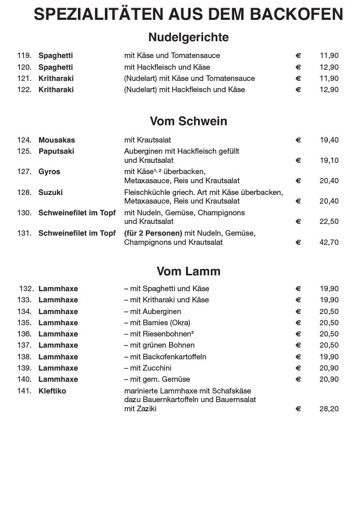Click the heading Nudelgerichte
click(188, 37)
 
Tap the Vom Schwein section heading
click(188, 121)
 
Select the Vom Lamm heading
click(188, 271)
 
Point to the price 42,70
click(329, 242)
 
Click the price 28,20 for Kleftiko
click(329, 409)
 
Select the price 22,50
click(329, 221)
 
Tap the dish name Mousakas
click(57, 140)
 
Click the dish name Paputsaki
click(56, 151)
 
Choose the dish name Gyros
click(49, 172)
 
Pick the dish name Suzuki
click(50, 192)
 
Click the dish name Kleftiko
click(52, 391)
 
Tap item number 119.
click(24, 55)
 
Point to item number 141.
click(24, 391)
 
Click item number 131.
click(24, 233)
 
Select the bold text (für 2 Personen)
click(153, 233)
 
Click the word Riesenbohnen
click(168, 334)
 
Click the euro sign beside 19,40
click(298, 140)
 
